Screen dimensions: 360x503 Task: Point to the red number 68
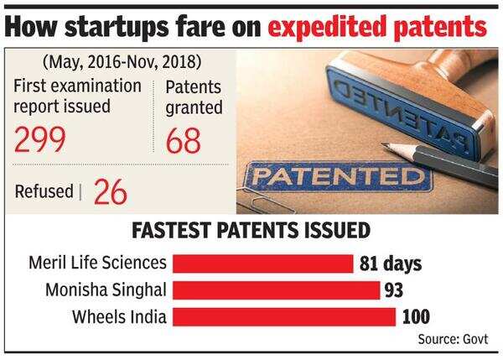184,138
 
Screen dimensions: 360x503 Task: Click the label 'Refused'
43,191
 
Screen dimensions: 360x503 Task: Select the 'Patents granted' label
194,97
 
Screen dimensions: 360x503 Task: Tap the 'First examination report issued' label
77,97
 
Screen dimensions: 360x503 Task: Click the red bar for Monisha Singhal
275,290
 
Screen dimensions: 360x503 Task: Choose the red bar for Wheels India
283,316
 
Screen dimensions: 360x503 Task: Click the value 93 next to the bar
394,290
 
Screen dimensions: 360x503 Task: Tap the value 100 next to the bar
416,316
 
